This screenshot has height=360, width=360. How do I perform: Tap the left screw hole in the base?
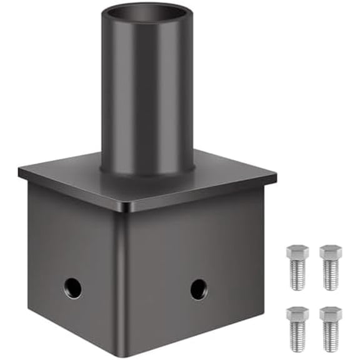(x=72, y=287)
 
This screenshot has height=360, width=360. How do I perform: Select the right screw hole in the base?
(x=199, y=289)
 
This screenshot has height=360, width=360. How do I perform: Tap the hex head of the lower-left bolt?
(x=297, y=312)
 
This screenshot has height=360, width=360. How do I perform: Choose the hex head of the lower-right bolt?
(x=331, y=312)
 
